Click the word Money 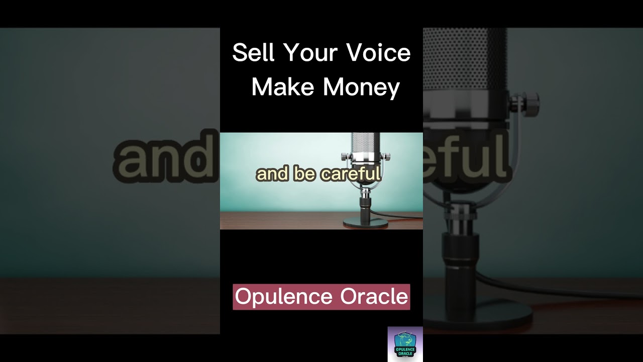click(x=361, y=88)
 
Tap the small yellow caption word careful click(x=351, y=174)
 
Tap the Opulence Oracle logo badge click(x=405, y=344)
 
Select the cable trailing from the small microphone click(x=402, y=218)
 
